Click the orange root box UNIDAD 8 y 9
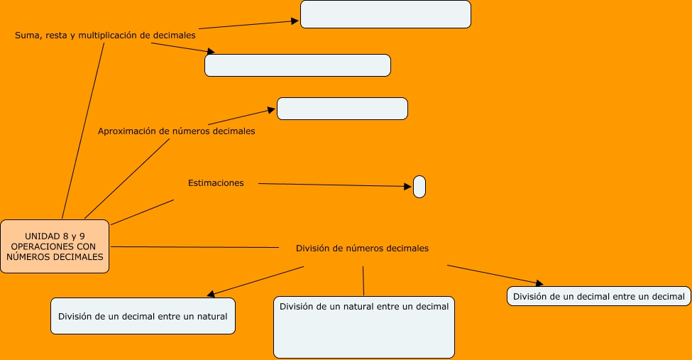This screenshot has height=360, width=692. point(55,246)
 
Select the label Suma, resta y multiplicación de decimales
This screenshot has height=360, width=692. point(105,34)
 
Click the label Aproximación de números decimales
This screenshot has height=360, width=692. point(176,131)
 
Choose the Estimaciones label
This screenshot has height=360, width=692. point(216,183)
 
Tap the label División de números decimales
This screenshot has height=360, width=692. point(362,249)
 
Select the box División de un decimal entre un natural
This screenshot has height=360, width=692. point(143,316)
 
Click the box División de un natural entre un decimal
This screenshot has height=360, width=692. point(364,327)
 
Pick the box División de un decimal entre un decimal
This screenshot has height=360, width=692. point(599,296)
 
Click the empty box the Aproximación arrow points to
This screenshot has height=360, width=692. point(342,109)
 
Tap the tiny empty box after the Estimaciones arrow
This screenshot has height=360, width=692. point(419,187)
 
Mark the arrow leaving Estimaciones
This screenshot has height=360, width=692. point(334,185)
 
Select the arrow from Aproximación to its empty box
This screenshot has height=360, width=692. point(241,117)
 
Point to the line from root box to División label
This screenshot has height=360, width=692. point(195,247)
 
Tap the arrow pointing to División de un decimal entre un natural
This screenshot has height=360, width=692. point(256,280)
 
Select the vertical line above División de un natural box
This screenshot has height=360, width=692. point(363,280)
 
